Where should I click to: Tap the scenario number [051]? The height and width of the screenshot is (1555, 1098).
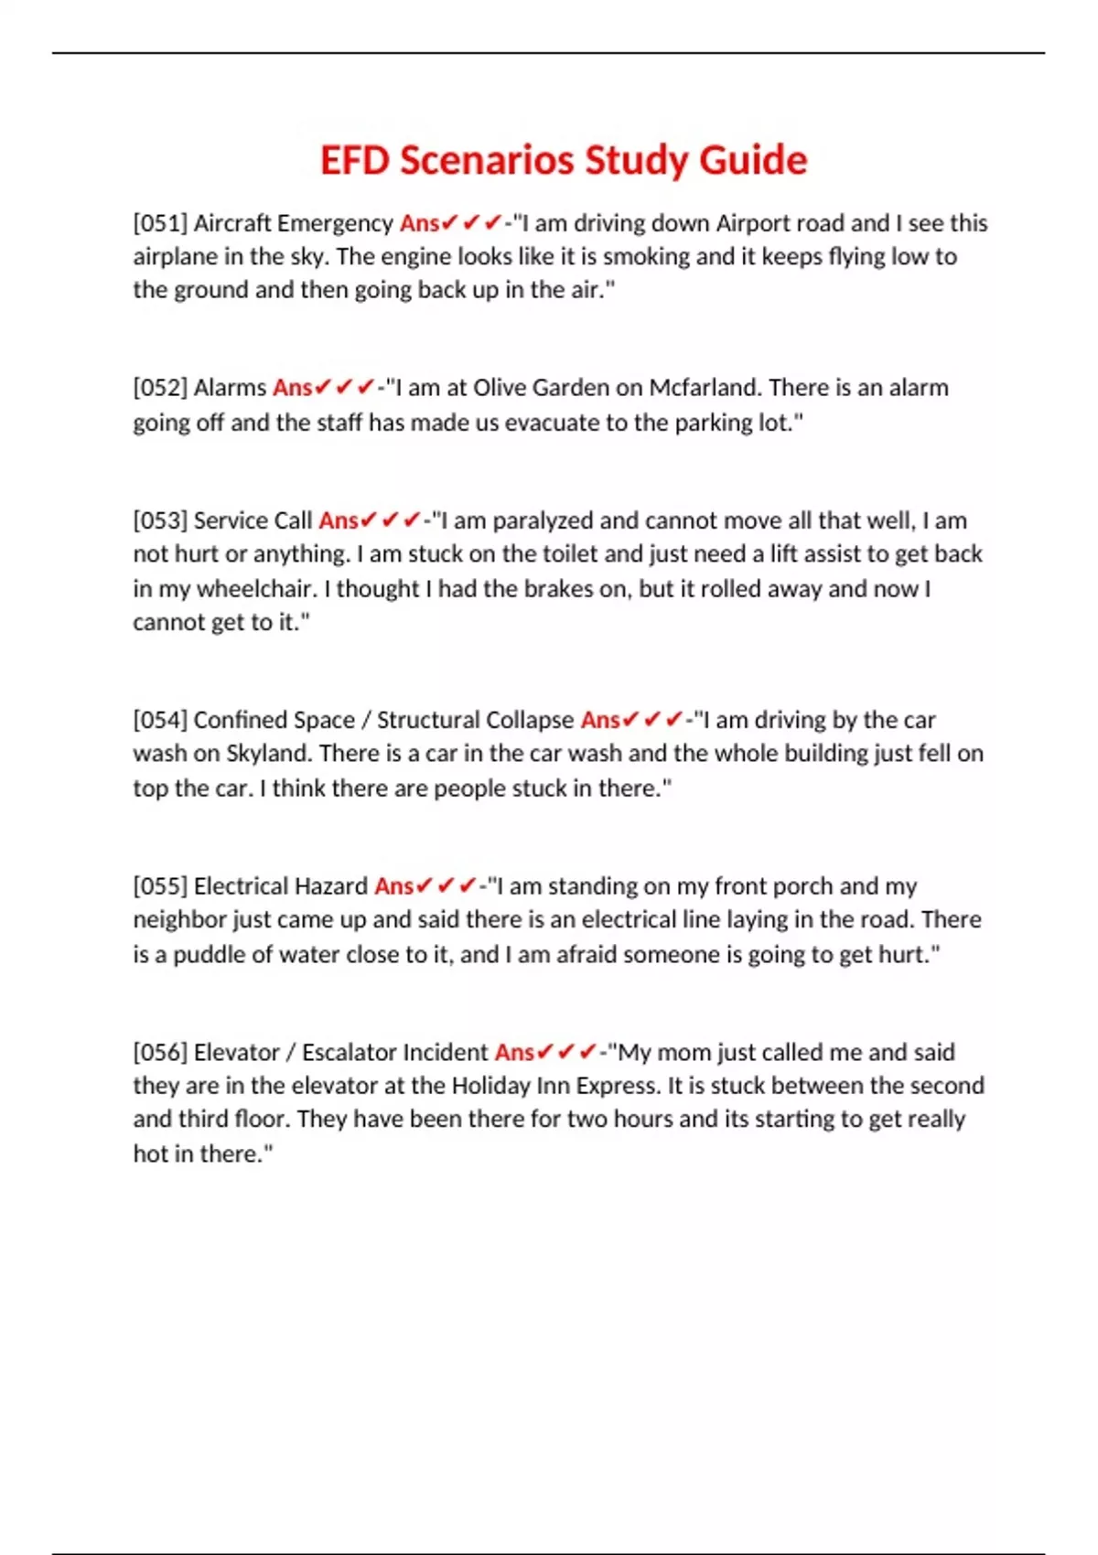point(160,223)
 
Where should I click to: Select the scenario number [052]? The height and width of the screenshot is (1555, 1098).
point(160,388)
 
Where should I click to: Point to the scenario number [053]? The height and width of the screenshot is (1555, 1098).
point(160,520)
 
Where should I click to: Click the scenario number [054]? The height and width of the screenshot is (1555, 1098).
point(160,720)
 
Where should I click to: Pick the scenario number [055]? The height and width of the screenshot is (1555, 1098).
point(160,886)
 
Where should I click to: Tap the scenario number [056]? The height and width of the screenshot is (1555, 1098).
point(160,1053)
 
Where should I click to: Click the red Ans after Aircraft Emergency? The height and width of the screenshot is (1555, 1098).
point(419,223)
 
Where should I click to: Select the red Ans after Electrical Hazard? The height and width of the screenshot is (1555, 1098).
point(393,886)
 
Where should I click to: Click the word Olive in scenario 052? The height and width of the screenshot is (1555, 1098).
point(500,388)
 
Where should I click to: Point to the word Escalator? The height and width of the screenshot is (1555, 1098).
point(349,1053)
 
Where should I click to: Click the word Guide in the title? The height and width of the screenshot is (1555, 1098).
point(753,161)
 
